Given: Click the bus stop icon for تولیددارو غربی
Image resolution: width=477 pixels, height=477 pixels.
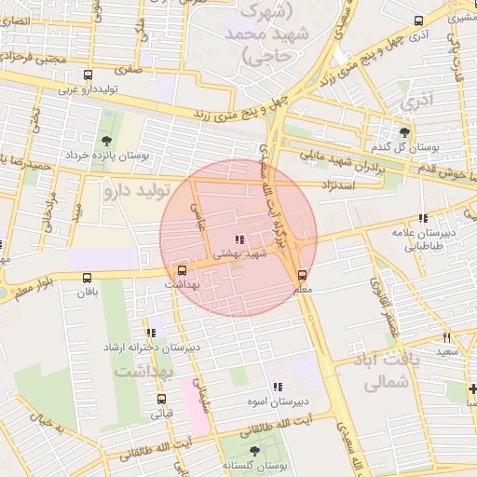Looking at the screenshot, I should [88, 75].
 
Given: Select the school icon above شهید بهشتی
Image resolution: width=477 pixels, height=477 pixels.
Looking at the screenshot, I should [240, 240].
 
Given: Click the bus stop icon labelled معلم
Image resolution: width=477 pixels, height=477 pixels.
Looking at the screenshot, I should [302, 276].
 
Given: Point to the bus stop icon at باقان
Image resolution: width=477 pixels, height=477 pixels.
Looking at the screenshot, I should [88, 278].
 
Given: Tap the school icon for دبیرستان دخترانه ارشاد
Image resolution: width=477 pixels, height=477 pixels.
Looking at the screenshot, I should [151, 333].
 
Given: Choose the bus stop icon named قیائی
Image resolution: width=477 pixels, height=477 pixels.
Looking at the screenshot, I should [161, 399].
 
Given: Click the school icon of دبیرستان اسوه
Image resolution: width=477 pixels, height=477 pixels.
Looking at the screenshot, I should [276, 387].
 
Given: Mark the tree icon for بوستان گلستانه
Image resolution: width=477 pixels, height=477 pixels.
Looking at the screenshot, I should [254, 450].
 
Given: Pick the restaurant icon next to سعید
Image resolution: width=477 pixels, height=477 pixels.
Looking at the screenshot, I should [446, 337].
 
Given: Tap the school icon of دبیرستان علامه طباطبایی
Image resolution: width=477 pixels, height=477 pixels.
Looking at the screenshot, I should [423, 218].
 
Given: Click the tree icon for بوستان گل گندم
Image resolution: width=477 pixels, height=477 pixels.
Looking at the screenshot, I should [404, 132].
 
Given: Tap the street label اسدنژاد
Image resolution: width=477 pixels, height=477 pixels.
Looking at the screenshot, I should [339, 184].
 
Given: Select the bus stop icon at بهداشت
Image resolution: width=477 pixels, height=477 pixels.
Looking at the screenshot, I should [181, 270].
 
